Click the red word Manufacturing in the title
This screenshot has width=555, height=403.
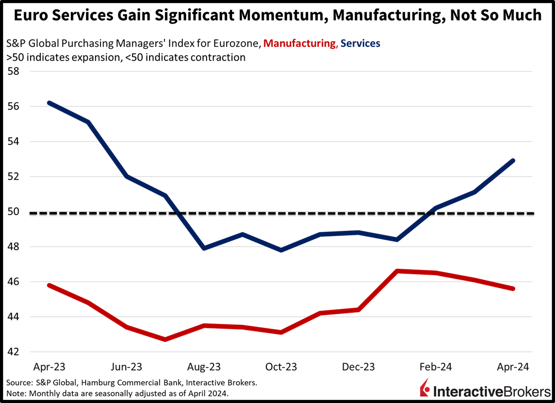(x=299, y=44)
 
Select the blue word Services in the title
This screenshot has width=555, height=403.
(x=360, y=44)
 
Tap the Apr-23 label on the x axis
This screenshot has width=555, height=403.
(x=49, y=367)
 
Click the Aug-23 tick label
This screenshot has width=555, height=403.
(x=204, y=367)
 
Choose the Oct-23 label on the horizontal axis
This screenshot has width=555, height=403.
(x=281, y=367)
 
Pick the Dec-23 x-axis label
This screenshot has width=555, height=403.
(x=359, y=367)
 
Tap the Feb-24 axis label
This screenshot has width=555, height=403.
(x=437, y=367)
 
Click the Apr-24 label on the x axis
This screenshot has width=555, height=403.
(x=513, y=367)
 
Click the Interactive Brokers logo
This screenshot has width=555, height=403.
(x=485, y=390)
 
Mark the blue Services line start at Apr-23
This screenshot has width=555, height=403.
(x=49, y=102)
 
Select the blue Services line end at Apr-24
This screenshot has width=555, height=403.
(x=514, y=160)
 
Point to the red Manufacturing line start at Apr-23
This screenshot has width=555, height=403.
(x=49, y=285)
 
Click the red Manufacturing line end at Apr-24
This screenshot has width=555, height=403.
(x=514, y=289)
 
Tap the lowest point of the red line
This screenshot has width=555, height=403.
(x=165, y=339)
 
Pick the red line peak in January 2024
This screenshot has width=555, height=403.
(x=397, y=270)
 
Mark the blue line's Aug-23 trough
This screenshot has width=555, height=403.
(x=204, y=248)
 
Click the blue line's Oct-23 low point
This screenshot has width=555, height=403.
(x=281, y=250)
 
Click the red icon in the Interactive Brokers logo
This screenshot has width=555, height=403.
(x=425, y=391)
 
